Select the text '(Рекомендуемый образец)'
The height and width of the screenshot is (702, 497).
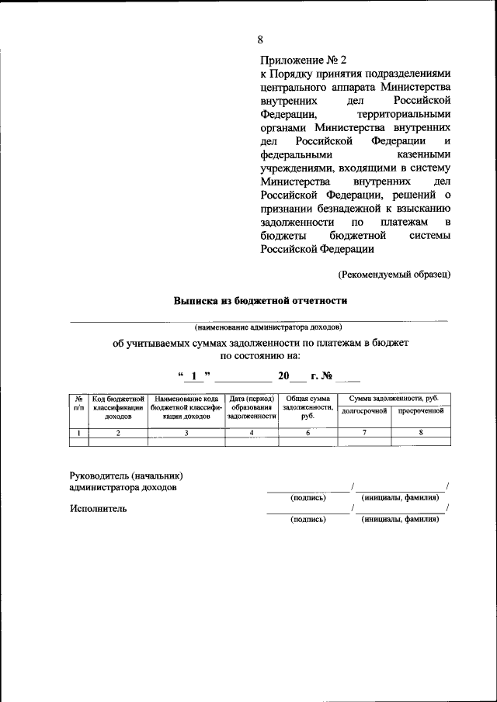[x=394, y=273]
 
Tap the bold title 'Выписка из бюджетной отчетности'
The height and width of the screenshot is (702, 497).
[x=260, y=299]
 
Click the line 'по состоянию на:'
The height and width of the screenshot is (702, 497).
[x=260, y=356]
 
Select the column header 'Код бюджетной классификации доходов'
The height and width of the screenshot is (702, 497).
[x=118, y=407]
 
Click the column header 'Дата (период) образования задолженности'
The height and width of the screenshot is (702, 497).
[x=252, y=407]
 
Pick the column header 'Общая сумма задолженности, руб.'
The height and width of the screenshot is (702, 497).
[x=308, y=407]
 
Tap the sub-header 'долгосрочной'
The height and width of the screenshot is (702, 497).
[x=364, y=410]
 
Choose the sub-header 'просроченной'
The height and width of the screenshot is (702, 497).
[x=420, y=410]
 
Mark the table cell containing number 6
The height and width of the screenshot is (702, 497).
[x=308, y=433]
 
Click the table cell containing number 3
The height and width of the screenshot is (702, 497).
[x=186, y=433]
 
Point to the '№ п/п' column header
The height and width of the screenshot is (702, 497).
[x=79, y=402]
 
